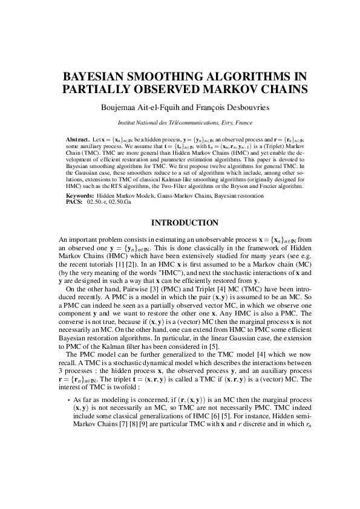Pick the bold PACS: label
click(x=74, y=203)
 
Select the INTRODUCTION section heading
click(x=180, y=223)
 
